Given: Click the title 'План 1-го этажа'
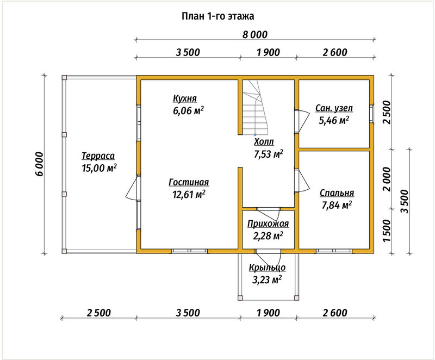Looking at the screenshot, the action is pos(218,16).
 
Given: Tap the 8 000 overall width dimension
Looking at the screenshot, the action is pos(255,35).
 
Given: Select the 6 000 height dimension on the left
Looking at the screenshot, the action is pos(39,164).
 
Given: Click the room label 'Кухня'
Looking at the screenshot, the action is pos(185,98).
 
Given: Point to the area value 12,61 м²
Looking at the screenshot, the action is pos(189,194).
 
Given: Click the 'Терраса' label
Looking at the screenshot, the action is pos(98,156).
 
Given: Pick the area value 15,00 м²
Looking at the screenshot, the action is pos(99,168).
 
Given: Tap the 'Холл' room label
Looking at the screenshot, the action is pos(264,142).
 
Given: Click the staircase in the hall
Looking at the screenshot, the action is pos(255,107).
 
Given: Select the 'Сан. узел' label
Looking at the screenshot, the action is pos(334,108).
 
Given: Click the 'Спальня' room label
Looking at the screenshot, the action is pos(337,193).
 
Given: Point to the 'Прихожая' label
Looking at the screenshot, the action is pos(268,224).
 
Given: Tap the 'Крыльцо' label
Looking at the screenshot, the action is pos(267,268).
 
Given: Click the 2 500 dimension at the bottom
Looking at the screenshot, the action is pos(99,313).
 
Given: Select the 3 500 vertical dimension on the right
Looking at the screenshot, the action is pos(405,201).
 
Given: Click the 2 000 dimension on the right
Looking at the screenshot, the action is pos(387,179).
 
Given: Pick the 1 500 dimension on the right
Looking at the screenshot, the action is pos(387,231).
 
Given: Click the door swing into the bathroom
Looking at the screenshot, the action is pos(304,121).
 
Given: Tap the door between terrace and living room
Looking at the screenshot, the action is pos(133,188).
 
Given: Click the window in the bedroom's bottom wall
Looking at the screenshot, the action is pos(334,251).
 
